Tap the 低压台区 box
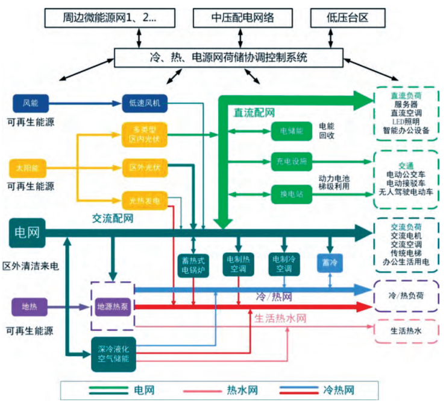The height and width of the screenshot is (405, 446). point(347,18)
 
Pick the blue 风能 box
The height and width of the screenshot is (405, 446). point(30,102)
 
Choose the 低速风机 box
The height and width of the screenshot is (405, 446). point(145,102)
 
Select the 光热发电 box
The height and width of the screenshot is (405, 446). point(145,199)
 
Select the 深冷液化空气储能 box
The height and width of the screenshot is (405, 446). point(115,354)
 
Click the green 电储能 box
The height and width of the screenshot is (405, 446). point(292,130)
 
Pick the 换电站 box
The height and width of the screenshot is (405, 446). point(292,194)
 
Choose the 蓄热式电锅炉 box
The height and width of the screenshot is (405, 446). point(193,265)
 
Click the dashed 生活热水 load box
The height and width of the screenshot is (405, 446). point(405,331)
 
